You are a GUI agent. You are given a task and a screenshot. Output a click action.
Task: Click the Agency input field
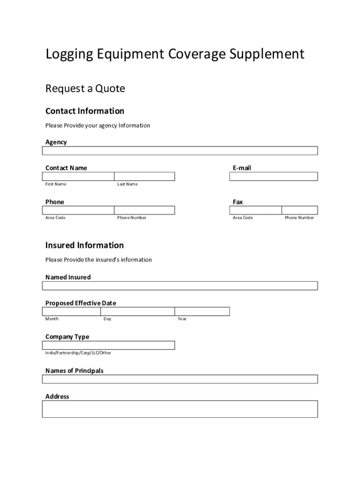click(180, 151)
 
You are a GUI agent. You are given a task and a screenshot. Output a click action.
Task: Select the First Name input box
click(78, 176)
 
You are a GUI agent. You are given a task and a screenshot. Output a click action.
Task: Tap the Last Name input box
click(144, 176)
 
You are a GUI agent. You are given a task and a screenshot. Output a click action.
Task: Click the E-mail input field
click(274, 176)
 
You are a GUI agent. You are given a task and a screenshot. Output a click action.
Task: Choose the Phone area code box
click(78, 210)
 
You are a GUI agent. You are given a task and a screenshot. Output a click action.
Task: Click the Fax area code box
click(255, 210)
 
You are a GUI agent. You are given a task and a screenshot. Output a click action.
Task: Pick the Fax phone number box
click(300, 210)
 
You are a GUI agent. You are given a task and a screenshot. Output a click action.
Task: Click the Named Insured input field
click(180, 285)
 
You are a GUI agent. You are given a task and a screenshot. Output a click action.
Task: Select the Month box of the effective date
click(72, 312)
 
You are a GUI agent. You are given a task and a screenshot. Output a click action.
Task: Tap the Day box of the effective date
click(137, 312)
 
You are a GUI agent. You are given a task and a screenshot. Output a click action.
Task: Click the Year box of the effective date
click(202, 312)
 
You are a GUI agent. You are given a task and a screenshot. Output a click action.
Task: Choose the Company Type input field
click(108, 345)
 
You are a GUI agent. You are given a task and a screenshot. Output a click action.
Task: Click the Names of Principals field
click(180, 379)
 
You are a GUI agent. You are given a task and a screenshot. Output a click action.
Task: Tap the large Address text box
click(180, 409)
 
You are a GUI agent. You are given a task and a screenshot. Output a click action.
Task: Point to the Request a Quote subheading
click(85, 88)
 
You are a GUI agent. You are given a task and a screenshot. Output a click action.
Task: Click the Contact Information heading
click(85, 111)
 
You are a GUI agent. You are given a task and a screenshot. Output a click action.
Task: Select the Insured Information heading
click(85, 245)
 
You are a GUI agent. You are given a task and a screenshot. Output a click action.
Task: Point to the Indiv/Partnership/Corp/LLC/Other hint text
click(78, 353)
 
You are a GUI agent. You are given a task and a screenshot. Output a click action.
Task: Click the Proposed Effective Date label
click(80, 303)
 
